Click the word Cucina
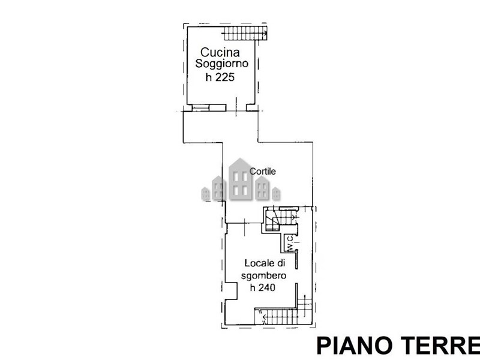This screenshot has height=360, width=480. click(x=220, y=52)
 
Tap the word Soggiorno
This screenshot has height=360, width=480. click(x=221, y=64)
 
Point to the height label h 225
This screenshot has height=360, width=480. click(x=220, y=77)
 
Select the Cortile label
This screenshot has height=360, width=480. click(x=262, y=171)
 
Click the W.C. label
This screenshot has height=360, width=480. click(x=290, y=243)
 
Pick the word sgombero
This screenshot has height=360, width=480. click(x=263, y=276)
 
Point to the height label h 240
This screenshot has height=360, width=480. click(x=263, y=287)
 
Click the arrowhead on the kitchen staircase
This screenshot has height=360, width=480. click(x=265, y=31)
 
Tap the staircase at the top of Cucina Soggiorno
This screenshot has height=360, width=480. click(x=245, y=33)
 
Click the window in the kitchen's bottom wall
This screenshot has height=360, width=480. click(x=201, y=108)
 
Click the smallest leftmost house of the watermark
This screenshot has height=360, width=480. click(x=205, y=194)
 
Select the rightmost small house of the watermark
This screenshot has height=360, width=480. click(x=276, y=194)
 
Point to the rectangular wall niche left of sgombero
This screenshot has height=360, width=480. click(x=231, y=290)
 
